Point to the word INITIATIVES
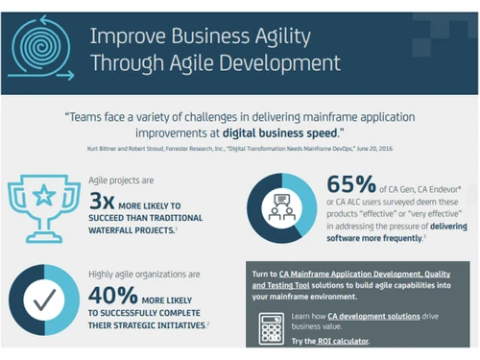pos(175,325)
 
